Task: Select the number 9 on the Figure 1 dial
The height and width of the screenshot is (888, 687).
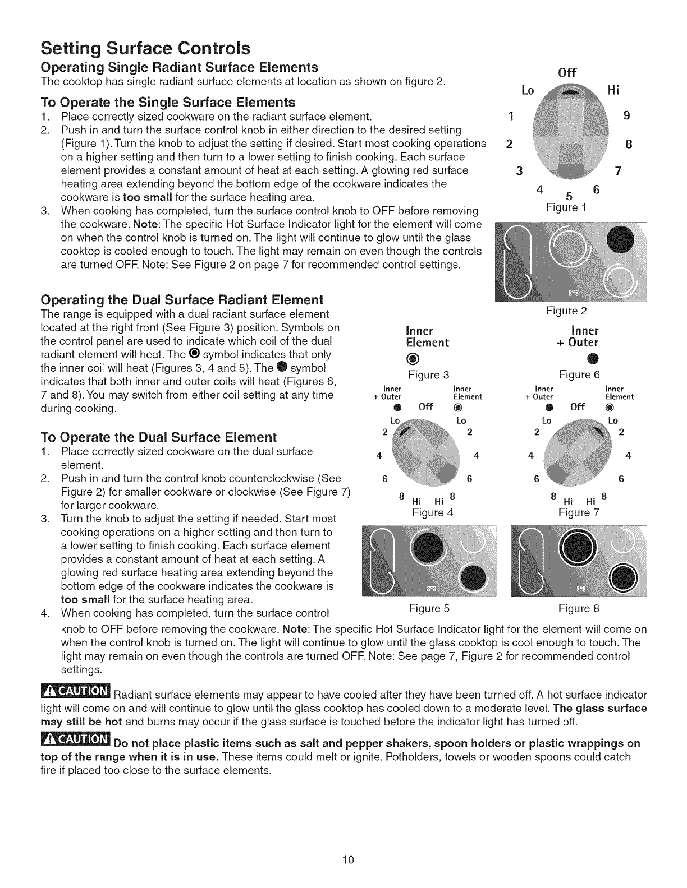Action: (627, 116)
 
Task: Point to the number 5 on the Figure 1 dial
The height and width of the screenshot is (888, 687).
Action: (569, 196)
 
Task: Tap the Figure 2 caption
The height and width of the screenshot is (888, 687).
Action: (566, 311)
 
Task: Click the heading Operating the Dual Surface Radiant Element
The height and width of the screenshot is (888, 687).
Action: (182, 299)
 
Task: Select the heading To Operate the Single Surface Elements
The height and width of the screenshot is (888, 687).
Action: (168, 102)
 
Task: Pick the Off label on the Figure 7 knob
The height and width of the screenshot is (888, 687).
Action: (578, 406)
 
